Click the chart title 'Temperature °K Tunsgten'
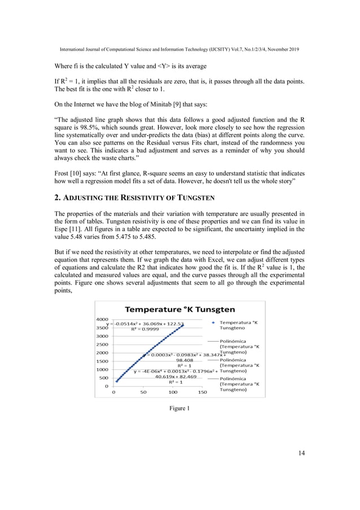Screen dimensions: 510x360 coord(179,310)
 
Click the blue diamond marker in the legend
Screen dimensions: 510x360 coord(212,322)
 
